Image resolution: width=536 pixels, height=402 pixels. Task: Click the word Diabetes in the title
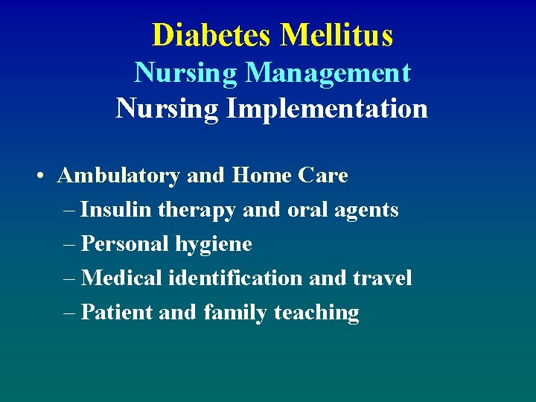[212, 35]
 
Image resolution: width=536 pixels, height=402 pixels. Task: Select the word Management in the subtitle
[328, 73]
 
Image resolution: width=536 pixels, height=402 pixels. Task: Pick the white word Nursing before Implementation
[167, 109]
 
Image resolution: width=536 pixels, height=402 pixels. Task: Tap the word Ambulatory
[118, 176]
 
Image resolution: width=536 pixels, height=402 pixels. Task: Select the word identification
[236, 278]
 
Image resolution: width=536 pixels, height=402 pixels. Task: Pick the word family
[235, 313]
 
